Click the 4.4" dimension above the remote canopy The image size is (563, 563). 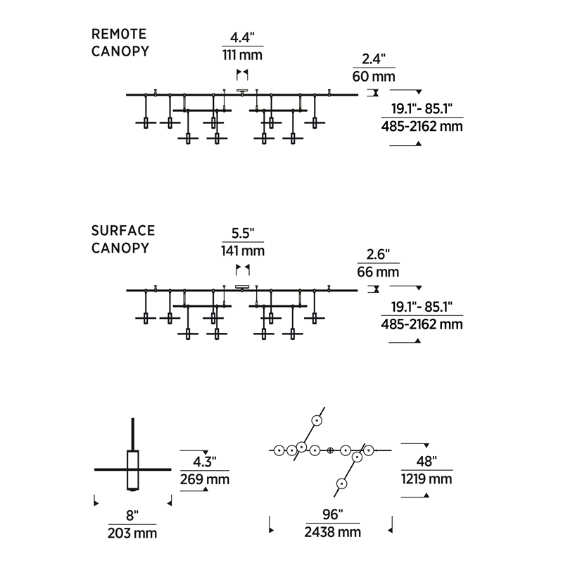click(x=242, y=38)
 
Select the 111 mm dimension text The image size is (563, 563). click(x=242, y=56)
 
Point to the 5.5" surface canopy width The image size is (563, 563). click(x=242, y=232)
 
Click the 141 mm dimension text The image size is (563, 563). click(x=242, y=251)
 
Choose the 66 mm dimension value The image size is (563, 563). click(x=378, y=272)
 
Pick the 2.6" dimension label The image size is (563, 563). click(x=378, y=254)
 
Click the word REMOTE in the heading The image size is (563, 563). click(x=119, y=34)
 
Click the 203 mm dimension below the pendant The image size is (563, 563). click(x=132, y=533)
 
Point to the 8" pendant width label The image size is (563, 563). click(x=132, y=514)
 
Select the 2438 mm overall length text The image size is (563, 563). click(x=332, y=533)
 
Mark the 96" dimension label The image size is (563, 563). click(x=332, y=514)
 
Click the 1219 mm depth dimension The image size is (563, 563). click(x=426, y=479)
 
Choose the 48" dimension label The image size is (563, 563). click(x=426, y=462)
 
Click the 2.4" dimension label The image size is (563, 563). click(x=374, y=58)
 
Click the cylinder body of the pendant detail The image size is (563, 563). click(x=132, y=469)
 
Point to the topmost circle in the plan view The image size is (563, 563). click(x=317, y=420)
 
